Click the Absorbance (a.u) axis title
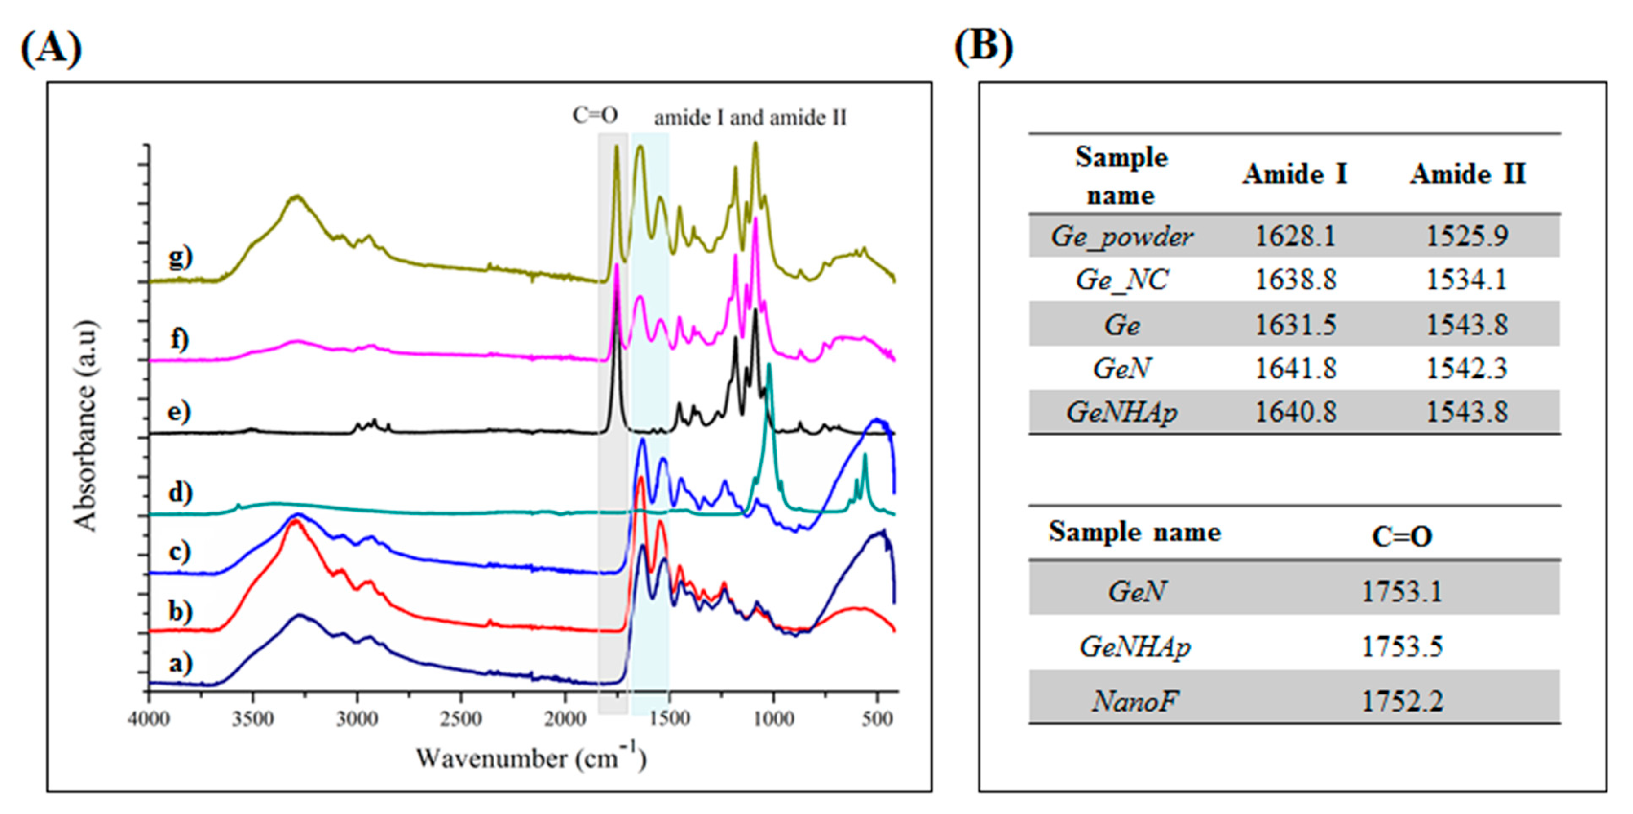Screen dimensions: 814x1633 tap(86, 425)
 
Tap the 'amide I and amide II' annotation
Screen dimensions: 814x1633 tap(750, 118)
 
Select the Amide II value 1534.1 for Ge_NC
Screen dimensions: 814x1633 tap(1467, 279)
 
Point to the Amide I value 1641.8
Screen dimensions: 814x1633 tap(1295, 368)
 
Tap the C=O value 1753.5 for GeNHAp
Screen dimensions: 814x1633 tap(1402, 646)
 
